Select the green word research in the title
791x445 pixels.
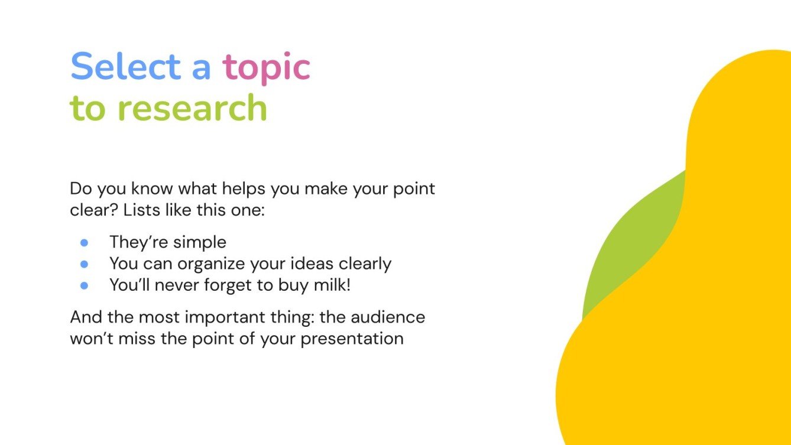pyautogui.click(x=193, y=108)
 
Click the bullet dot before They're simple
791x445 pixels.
pyautogui.click(x=84, y=242)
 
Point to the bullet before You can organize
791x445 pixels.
pyautogui.click(x=84, y=264)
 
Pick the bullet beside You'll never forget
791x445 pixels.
pyautogui.click(x=84, y=285)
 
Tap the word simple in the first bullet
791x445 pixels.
pyautogui.click(x=199, y=242)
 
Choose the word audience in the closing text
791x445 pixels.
pyautogui.click(x=388, y=317)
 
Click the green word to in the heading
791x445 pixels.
pyautogui.click(x=88, y=109)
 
